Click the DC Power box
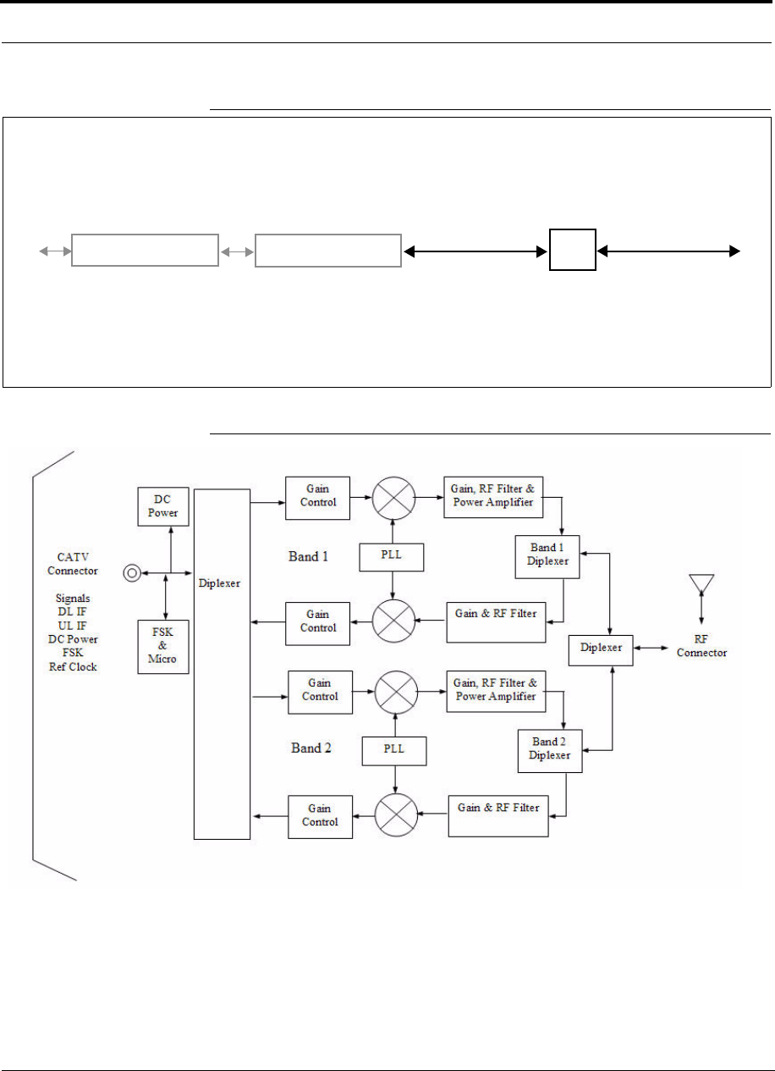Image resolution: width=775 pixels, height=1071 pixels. coord(163,506)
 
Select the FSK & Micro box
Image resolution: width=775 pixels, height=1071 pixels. coord(163,647)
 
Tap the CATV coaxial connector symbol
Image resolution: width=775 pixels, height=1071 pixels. coord(132,573)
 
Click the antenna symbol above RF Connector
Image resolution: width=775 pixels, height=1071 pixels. coord(701,583)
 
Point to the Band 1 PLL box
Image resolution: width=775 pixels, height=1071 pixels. coord(392,557)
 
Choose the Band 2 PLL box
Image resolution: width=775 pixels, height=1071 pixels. coord(394,751)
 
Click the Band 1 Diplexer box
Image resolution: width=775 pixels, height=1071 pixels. coord(547,556)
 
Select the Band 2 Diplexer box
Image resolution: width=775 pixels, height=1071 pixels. coord(550,751)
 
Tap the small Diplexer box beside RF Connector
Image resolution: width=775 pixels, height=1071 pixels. coord(601,650)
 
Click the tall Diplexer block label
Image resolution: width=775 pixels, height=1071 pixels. coord(219,583)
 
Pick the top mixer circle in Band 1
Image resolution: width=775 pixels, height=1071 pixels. coord(393,498)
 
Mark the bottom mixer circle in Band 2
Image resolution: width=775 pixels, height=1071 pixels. coord(396,814)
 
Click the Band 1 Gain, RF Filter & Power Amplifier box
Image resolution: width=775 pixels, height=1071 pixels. coord(493,497)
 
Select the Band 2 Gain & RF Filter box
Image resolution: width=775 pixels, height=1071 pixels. coord(497,815)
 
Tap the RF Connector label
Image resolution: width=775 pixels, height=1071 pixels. coord(701,646)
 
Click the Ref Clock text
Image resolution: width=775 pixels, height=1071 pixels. coord(73,667)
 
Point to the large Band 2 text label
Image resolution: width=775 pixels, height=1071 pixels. coord(311,748)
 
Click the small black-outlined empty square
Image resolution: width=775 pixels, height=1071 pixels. coord(573,250)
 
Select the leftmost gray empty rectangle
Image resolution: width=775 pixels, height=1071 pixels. coord(145,250)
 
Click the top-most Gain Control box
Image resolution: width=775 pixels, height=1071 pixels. coord(318,498)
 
